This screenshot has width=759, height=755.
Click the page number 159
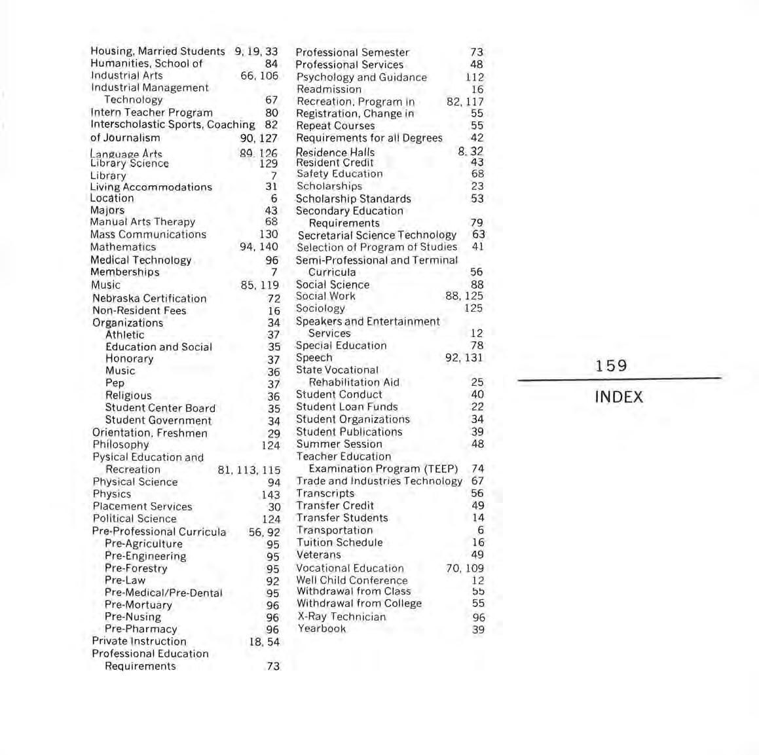[x=611, y=366]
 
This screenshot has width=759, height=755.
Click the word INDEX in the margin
[x=619, y=397]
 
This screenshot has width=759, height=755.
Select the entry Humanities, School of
[x=147, y=64]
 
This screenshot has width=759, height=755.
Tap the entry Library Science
[x=130, y=164]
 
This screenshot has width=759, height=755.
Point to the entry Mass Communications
[x=148, y=234]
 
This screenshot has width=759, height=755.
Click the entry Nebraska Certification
[x=149, y=299]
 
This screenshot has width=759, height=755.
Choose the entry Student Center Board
[x=160, y=408]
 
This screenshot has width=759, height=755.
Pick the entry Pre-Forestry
[x=136, y=568]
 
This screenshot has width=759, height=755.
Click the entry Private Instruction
[x=139, y=641]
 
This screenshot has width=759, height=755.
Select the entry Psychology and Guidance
[x=361, y=77]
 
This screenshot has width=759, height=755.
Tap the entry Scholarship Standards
[x=354, y=199]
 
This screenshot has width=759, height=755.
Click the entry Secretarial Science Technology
[x=377, y=235]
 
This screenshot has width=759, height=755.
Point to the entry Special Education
[x=341, y=346]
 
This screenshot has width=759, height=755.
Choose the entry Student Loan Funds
[x=347, y=407]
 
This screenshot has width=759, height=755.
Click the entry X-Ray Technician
[x=342, y=617]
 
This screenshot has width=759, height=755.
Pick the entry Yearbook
[x=322, y=629]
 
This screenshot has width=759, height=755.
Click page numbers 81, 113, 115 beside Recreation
[x=249, y=470]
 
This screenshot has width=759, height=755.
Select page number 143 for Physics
[x=270, y=495]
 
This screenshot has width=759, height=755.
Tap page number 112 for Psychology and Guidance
[x=475, y=77]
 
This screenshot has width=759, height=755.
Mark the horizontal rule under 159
[x=619, y=379]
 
